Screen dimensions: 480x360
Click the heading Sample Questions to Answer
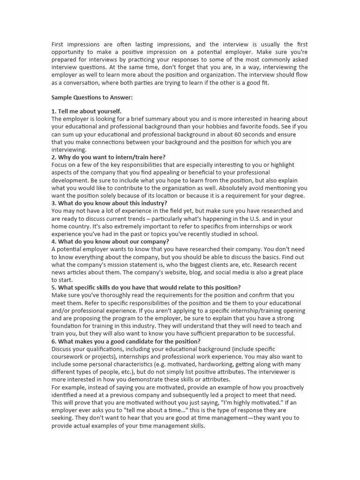pyautogui.click(x=92, y=97)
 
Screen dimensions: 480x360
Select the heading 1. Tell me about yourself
pyautogui.click(x=86, y=112)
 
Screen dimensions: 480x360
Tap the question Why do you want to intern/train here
pyautogui.click(x=108, y=157)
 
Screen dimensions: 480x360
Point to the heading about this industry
pyautogui.click(x=109, y=203)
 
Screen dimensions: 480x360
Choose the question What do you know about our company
pyautogui.click(x=110, y=241)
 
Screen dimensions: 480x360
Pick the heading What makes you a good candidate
pyautogui.click(x=126, y=341)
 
